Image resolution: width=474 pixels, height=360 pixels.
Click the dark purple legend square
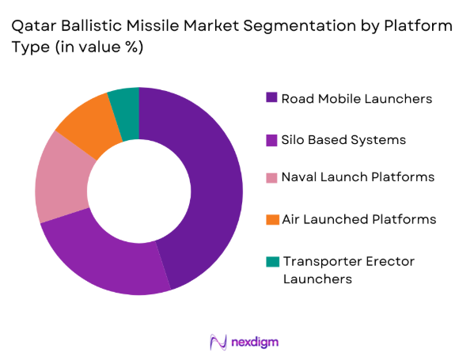click(x=271, y=98)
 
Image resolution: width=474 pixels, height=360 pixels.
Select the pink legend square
click(x=271, y=176)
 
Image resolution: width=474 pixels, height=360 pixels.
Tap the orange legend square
click(x=271, y=218)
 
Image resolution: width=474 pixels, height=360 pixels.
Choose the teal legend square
click(x=271, y=260)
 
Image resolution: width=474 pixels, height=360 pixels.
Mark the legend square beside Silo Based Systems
click(x=271, y=139)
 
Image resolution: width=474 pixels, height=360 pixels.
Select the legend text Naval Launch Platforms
click(x=358, y=176)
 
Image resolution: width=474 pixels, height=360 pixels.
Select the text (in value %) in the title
click(x=98, y=47)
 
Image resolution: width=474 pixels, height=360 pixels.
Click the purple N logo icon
click(x=218, y=341)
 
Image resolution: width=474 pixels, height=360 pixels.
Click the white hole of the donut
click(x=138, y=191)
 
